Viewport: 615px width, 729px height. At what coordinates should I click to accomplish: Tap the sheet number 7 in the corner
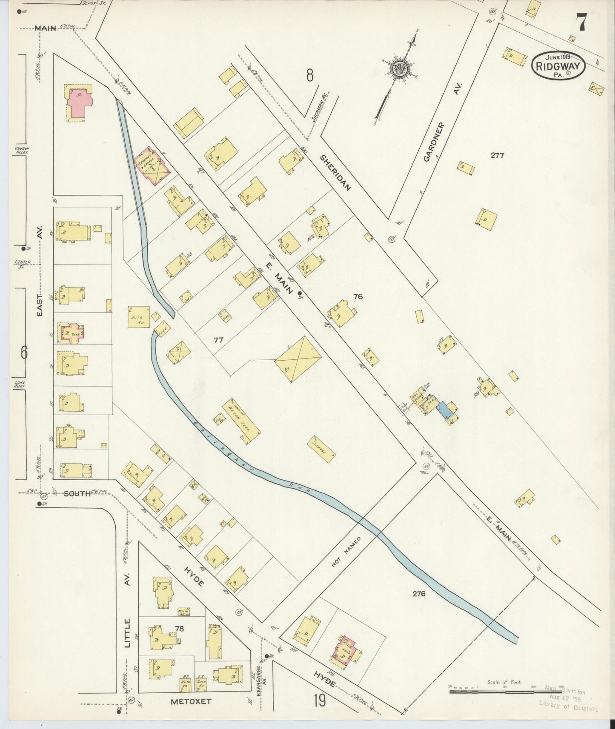coord(581,22)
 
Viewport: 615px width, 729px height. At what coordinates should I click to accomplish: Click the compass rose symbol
coord(400,68)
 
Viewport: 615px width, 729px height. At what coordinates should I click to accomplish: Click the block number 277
coord(497,156)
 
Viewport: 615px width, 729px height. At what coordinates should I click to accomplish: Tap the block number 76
coord(358,296)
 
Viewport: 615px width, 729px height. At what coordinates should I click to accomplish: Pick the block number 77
coord(218,339)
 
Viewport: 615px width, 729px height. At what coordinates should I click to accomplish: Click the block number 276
coord(419,594)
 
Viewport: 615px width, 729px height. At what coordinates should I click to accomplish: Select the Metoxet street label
coord(191,701)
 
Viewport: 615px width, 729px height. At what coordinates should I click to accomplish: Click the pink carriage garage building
coord(152,166)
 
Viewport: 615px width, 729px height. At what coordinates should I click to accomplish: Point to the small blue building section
coord(445,410)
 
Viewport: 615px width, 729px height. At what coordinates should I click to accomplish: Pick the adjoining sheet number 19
coord(319,700)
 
